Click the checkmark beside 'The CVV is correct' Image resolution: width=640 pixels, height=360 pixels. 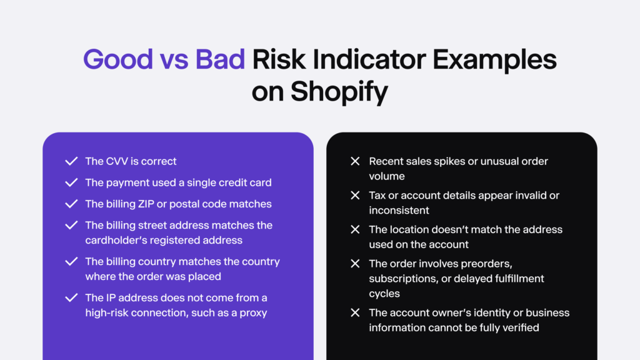coord(71,161)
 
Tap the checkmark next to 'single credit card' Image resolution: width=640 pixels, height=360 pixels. coord(71,182)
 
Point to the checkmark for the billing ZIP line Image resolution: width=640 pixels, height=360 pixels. coord(71,204)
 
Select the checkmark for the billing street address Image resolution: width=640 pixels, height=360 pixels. coord(71,225)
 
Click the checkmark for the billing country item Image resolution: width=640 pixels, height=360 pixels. coord(71,261)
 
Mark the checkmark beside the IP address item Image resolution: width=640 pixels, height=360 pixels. coord(71,297)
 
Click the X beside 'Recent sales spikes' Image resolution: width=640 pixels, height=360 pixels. coord(355,161)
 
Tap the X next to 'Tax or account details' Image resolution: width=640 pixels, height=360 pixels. coord(355,196)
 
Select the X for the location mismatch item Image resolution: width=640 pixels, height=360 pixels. coord(355,229)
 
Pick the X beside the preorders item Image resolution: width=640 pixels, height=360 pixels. coord(355,263)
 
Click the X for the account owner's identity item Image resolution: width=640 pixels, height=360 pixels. coord(355,312)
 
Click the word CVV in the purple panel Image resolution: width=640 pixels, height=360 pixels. coord(117,161)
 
